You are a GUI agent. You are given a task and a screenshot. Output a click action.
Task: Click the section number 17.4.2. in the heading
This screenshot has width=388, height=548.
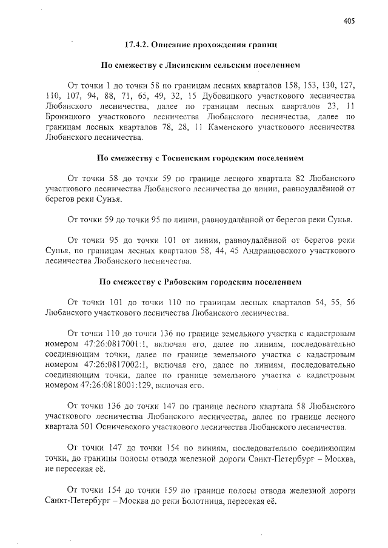(x=137, y=45)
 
